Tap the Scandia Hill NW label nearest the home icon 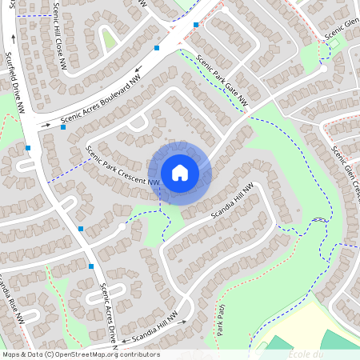pyautogui.click(x=232, y=203)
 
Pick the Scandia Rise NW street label pyautogui.click(x=11, y=299)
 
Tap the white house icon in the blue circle pyautogui.click(x=180, y=173)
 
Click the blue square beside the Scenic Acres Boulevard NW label pyautogui.click(x=62, y=126)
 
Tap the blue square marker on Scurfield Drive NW pyautogui.click(x=29, y=147)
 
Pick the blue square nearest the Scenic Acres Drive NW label pyautogui.click(x=91, y=266)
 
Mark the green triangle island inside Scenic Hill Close pyautogui.click(x=109, y=39)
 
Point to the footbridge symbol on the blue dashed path pyautogui.click(x=319, y=219)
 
